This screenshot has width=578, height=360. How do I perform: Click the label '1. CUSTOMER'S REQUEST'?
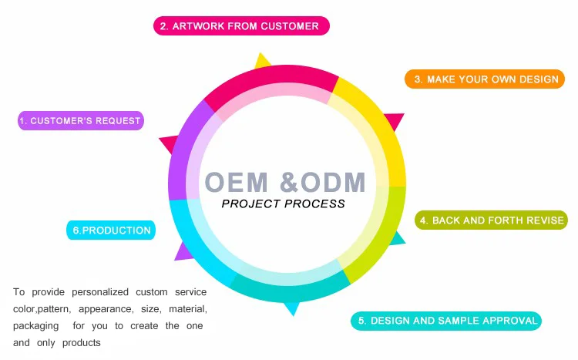(x=81, y=120)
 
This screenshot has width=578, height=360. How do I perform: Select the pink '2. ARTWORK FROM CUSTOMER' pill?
(x=241, y=25)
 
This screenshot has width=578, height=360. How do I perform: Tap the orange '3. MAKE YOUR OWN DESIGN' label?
(x=485, y=79)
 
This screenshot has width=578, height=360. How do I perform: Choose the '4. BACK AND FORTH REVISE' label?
(x=492, y=220)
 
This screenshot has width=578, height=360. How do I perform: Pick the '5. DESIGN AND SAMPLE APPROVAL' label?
(x=446, y=321)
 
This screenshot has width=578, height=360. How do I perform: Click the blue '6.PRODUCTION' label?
(x=111, y=230)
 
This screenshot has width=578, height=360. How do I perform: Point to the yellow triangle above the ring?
(x=262, y=61)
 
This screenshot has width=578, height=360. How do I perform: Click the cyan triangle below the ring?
(x=292, y=308)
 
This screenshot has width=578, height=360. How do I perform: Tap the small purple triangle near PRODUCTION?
(x=183, y=252)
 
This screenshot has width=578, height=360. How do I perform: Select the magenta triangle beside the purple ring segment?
(x=170, y=143)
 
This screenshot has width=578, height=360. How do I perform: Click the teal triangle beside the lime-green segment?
(x=398, y=239)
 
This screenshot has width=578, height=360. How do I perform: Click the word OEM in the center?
(x=237, y=182)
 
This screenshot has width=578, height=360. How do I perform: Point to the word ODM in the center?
(x=333, y=182)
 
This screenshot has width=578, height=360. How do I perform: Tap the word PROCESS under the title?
(x=314, y=204)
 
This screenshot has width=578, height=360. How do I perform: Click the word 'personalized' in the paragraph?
(x=100, y=292)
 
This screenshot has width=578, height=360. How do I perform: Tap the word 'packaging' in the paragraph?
(x=35, y=326)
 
